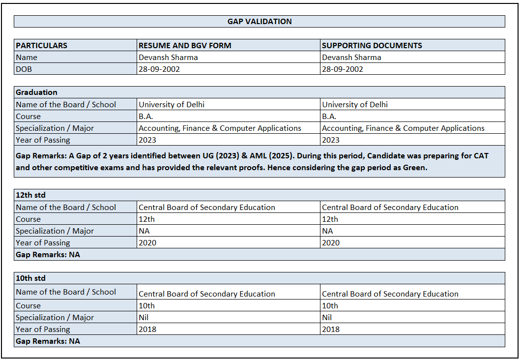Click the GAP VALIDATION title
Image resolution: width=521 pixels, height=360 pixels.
click(260, 22)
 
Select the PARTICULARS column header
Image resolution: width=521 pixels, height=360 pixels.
click(42, 45)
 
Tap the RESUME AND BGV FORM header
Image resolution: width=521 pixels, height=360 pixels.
click(185, 45)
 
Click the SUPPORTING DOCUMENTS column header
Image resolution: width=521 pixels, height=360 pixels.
click(372, 45)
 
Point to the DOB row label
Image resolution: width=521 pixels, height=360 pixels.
click(24, 69)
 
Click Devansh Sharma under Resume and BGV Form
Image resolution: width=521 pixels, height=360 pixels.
click(168, 58)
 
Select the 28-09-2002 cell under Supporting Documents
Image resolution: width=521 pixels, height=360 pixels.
click(342, 69)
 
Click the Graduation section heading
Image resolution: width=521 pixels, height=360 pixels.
click(36, 92)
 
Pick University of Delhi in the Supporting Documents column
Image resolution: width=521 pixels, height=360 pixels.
click(354, 104)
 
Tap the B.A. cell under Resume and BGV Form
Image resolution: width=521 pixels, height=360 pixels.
click(146, 117)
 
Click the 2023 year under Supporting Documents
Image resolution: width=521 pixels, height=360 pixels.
click(330, 140)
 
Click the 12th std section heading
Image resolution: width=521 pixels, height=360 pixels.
click(30, 195)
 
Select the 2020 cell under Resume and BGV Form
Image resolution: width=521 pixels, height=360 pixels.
click(147, 243)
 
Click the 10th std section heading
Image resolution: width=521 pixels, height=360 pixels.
click(30, 278)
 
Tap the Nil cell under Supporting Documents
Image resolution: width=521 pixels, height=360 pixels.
click(327, 318)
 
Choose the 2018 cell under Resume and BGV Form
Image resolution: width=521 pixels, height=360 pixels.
click(147, 330)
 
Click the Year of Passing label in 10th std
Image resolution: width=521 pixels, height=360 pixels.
click(43, 330)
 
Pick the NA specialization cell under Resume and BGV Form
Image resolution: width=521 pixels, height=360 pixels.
click(144, 231)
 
